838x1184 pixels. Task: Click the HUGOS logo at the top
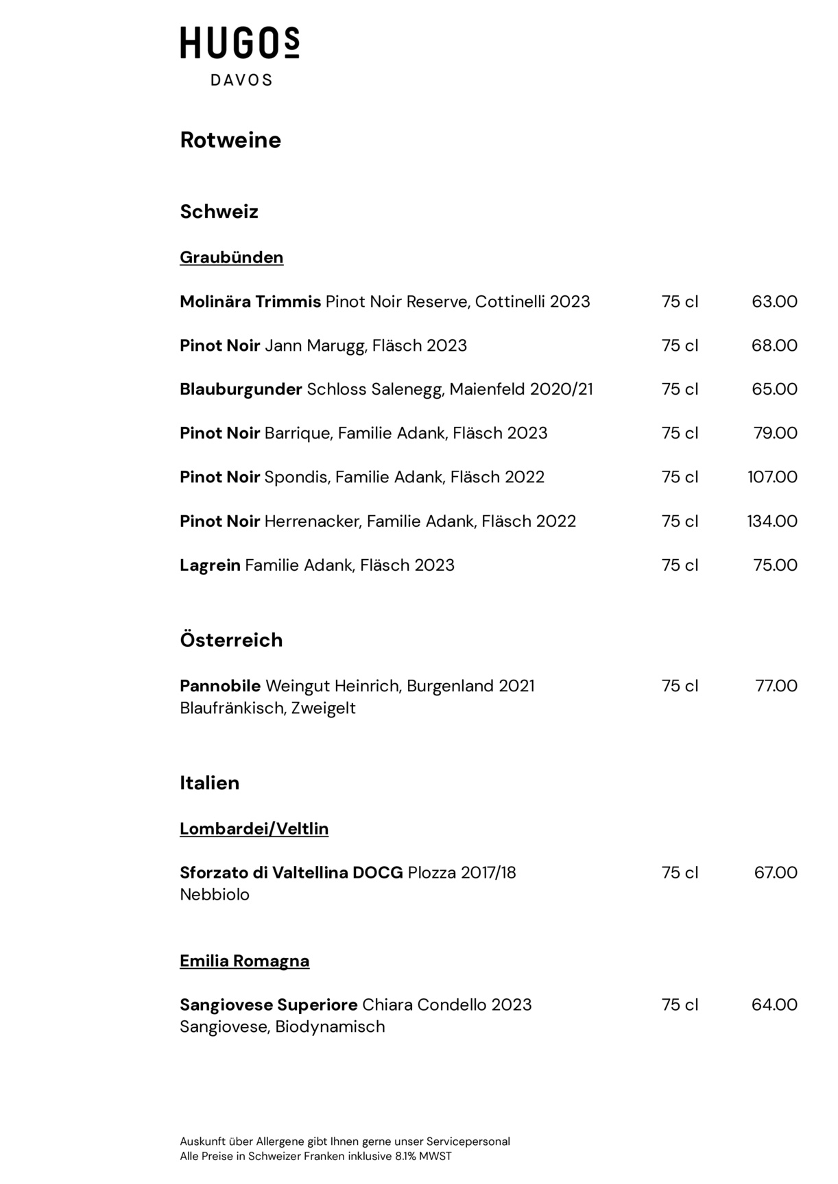pyautogui.click(x=239, y=43)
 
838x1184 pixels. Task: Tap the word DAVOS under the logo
pyautogui.click(x=241, y=80)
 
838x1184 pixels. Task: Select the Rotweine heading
pyautogui.click(x=230, y=140)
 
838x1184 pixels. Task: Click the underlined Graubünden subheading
pyautogui.click(x=231, y=258)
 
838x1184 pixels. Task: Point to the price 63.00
pyautogui.click(x=774, y=301)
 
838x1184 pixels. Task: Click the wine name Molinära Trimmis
pyautogui.click(x=250, y=301)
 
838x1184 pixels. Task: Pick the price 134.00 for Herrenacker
pyautogui.click(x=772, y=521)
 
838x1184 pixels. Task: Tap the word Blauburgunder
pyautogui.click(x=241, y=389)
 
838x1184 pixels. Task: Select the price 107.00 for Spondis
pyautogui.click(x=772, y=477)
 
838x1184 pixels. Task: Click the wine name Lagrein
pyautogui.click(x=210, y=565)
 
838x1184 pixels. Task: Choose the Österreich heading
pyautogui.click(x=231, y=640)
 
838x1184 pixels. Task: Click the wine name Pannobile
pyautogui.click(x=220, y=686)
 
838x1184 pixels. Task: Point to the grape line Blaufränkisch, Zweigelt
pyautogui.click(x=267, y=708)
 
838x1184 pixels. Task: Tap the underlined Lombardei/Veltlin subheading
pyautogui.click(x=254, y=829)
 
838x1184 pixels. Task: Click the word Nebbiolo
pyautogui.click(x=215, y=895)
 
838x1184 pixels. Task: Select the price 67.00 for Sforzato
pyautogui.click(x=776, y=873)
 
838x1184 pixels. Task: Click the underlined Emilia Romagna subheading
pyautogui.click(x=244, y=961)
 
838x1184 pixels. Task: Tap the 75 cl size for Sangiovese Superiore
pyautogui.click(x=680, y=1005)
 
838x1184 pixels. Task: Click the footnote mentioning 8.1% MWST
pyautogui.click(x=315, y=1156)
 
